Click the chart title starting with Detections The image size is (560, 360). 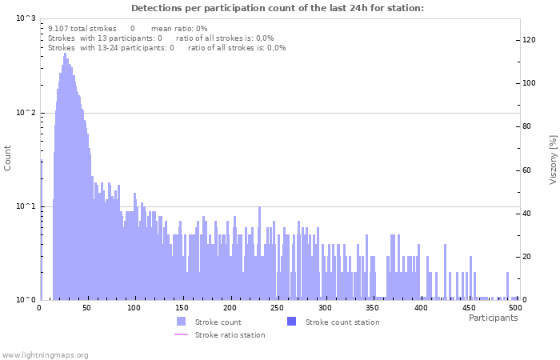[277, 8]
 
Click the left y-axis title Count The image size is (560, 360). [8, 158]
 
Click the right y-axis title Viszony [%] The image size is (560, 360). [552, 159]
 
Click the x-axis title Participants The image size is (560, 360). [493, 318]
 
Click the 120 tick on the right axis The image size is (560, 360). [530, 39]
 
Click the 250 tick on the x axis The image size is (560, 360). [278, 307]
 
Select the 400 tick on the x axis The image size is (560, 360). [421, 307]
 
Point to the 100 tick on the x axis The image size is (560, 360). [134, 307]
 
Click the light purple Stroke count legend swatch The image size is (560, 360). [181, 322]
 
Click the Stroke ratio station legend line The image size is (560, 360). [181, 334]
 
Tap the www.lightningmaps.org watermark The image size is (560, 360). [45, 354]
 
